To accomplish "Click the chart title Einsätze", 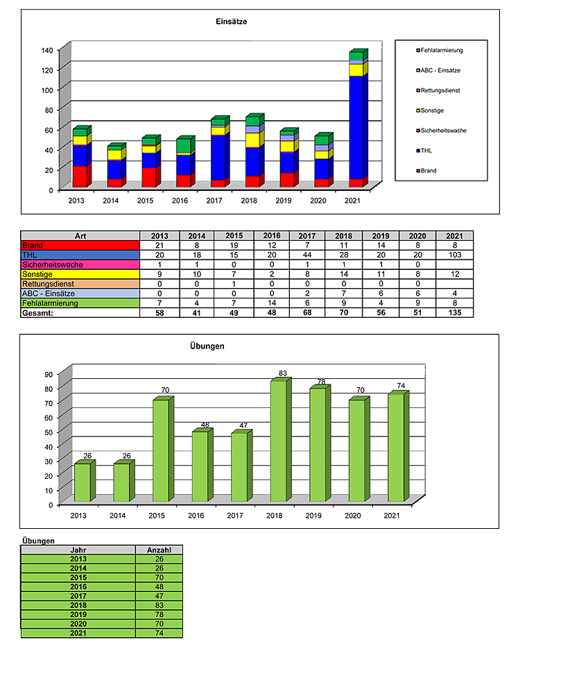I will [232, 22].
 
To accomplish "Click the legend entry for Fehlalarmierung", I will [441, 51].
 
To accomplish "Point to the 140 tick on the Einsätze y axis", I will [47, 50].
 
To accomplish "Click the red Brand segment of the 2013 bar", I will [79, 176].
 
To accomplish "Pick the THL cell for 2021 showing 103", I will [455, 255].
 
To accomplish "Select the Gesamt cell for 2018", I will [345, 313].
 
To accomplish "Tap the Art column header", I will [80, 235].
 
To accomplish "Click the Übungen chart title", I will [206, 346].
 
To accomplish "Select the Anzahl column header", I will [159, 550].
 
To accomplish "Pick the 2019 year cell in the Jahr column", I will [78, 614].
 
